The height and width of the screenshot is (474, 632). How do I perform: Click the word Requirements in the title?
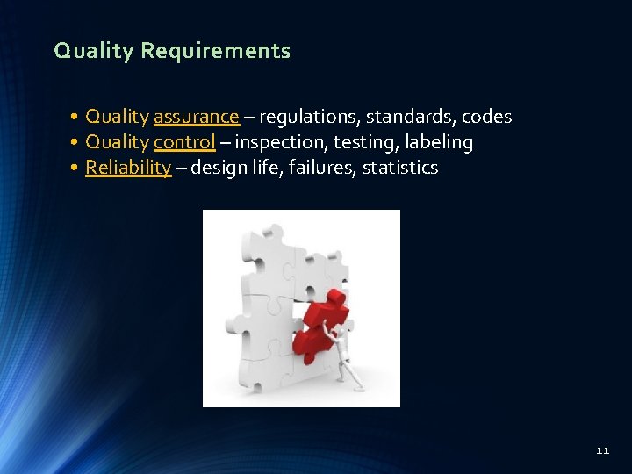point(215,52)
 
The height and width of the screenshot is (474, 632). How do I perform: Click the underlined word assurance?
point(196,117)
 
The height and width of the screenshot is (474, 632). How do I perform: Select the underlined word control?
point(184,142)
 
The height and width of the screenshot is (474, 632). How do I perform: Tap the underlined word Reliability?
point(128,168)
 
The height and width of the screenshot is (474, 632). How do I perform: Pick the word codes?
point(486,117)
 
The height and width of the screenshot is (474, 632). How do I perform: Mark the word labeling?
point(439,142)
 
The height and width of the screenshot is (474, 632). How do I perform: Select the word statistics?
point(400,168)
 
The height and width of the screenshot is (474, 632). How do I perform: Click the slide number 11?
point(602,450)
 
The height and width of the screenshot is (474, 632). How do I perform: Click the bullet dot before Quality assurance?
point(77,117)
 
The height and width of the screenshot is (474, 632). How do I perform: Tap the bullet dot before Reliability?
point(77,168)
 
